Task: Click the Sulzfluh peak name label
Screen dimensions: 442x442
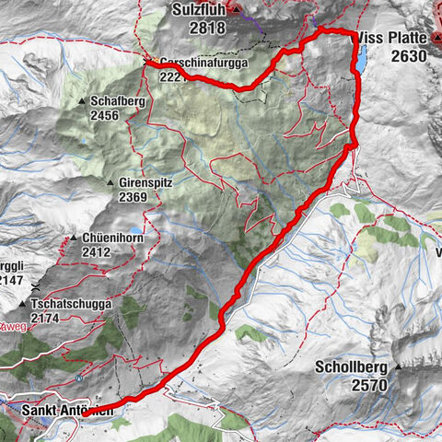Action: [200, 10]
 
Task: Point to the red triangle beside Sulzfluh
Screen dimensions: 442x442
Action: [236, 10]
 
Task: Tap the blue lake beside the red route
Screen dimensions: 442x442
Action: [360, 62]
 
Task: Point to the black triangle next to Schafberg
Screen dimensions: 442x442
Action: [83, 101]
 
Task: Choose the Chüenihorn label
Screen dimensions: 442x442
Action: [110, 238]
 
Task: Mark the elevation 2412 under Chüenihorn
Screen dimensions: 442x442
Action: [97, 251]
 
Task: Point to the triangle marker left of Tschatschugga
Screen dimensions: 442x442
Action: [21, 304]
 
